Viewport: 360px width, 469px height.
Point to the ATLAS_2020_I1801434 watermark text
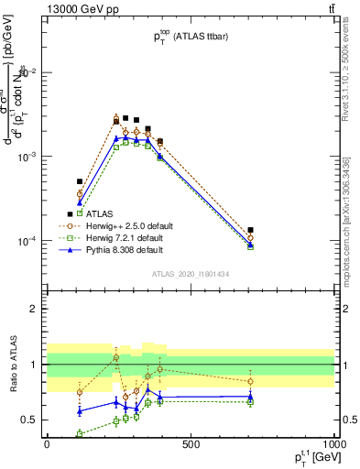pyautogui.click(x=190, y=274)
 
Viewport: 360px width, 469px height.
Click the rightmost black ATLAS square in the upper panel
pyautogui.click(x=251, y=230)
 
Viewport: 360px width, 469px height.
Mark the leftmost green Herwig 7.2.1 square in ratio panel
pyautogui.click(x=80, y=433)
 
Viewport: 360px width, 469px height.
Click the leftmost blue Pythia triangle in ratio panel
pyautogui.click(x=80, y=411)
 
